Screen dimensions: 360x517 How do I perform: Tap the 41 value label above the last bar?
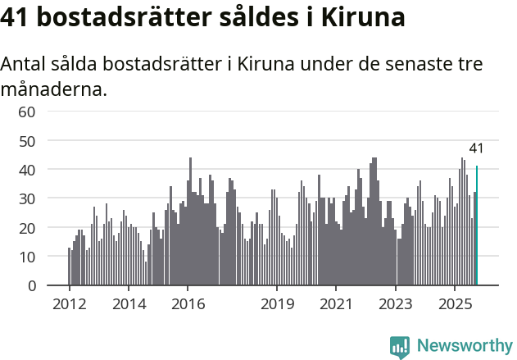[476, 148]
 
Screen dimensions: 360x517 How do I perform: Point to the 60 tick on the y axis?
[27, 112]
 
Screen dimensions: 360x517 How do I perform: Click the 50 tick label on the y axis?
[27, 140]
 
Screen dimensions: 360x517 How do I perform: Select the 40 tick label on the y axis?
[27, 170]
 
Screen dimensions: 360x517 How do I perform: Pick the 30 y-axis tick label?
[27, 198]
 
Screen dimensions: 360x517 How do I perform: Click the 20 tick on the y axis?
[27, 227]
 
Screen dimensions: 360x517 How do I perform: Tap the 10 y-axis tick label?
[27, 257]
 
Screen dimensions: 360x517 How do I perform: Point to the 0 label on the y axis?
[32, 285]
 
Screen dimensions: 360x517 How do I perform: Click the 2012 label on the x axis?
[69, 304]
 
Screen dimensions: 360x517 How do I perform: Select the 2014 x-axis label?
[129, 304]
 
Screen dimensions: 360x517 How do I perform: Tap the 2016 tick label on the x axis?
[188, 304]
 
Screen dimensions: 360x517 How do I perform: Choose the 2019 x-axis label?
[277, 304]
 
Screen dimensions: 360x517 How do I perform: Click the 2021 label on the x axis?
[336, 304]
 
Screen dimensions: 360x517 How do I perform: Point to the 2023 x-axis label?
[396, 304]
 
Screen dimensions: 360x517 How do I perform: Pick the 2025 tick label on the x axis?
[455, 304]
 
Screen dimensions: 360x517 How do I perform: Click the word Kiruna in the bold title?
[358, 18]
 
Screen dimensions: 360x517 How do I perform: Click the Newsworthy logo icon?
[400, 346]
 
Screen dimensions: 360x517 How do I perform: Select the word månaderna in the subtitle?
[54, 89]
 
